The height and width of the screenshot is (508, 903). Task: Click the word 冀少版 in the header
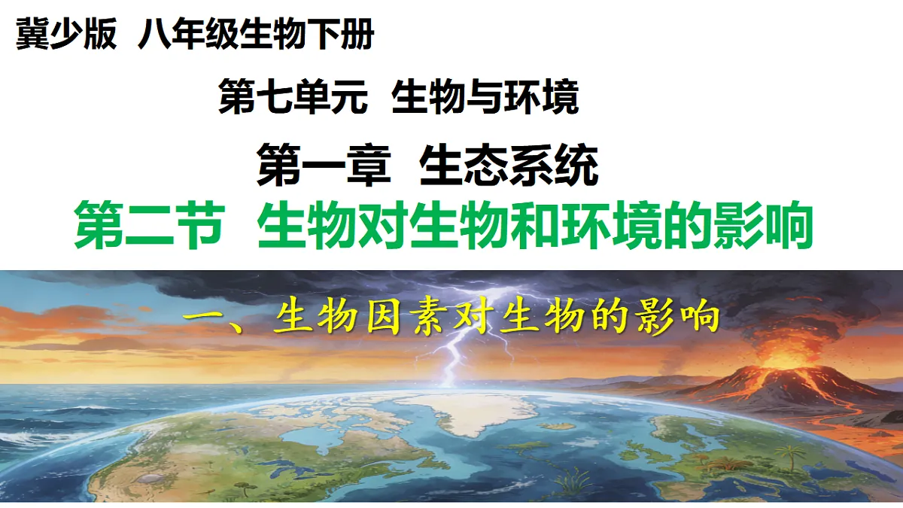(66, 36)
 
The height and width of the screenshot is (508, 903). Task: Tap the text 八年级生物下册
(256, 36)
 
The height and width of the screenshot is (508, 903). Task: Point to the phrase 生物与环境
(485, 99)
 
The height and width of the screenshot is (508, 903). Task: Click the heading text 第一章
(324, 166)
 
